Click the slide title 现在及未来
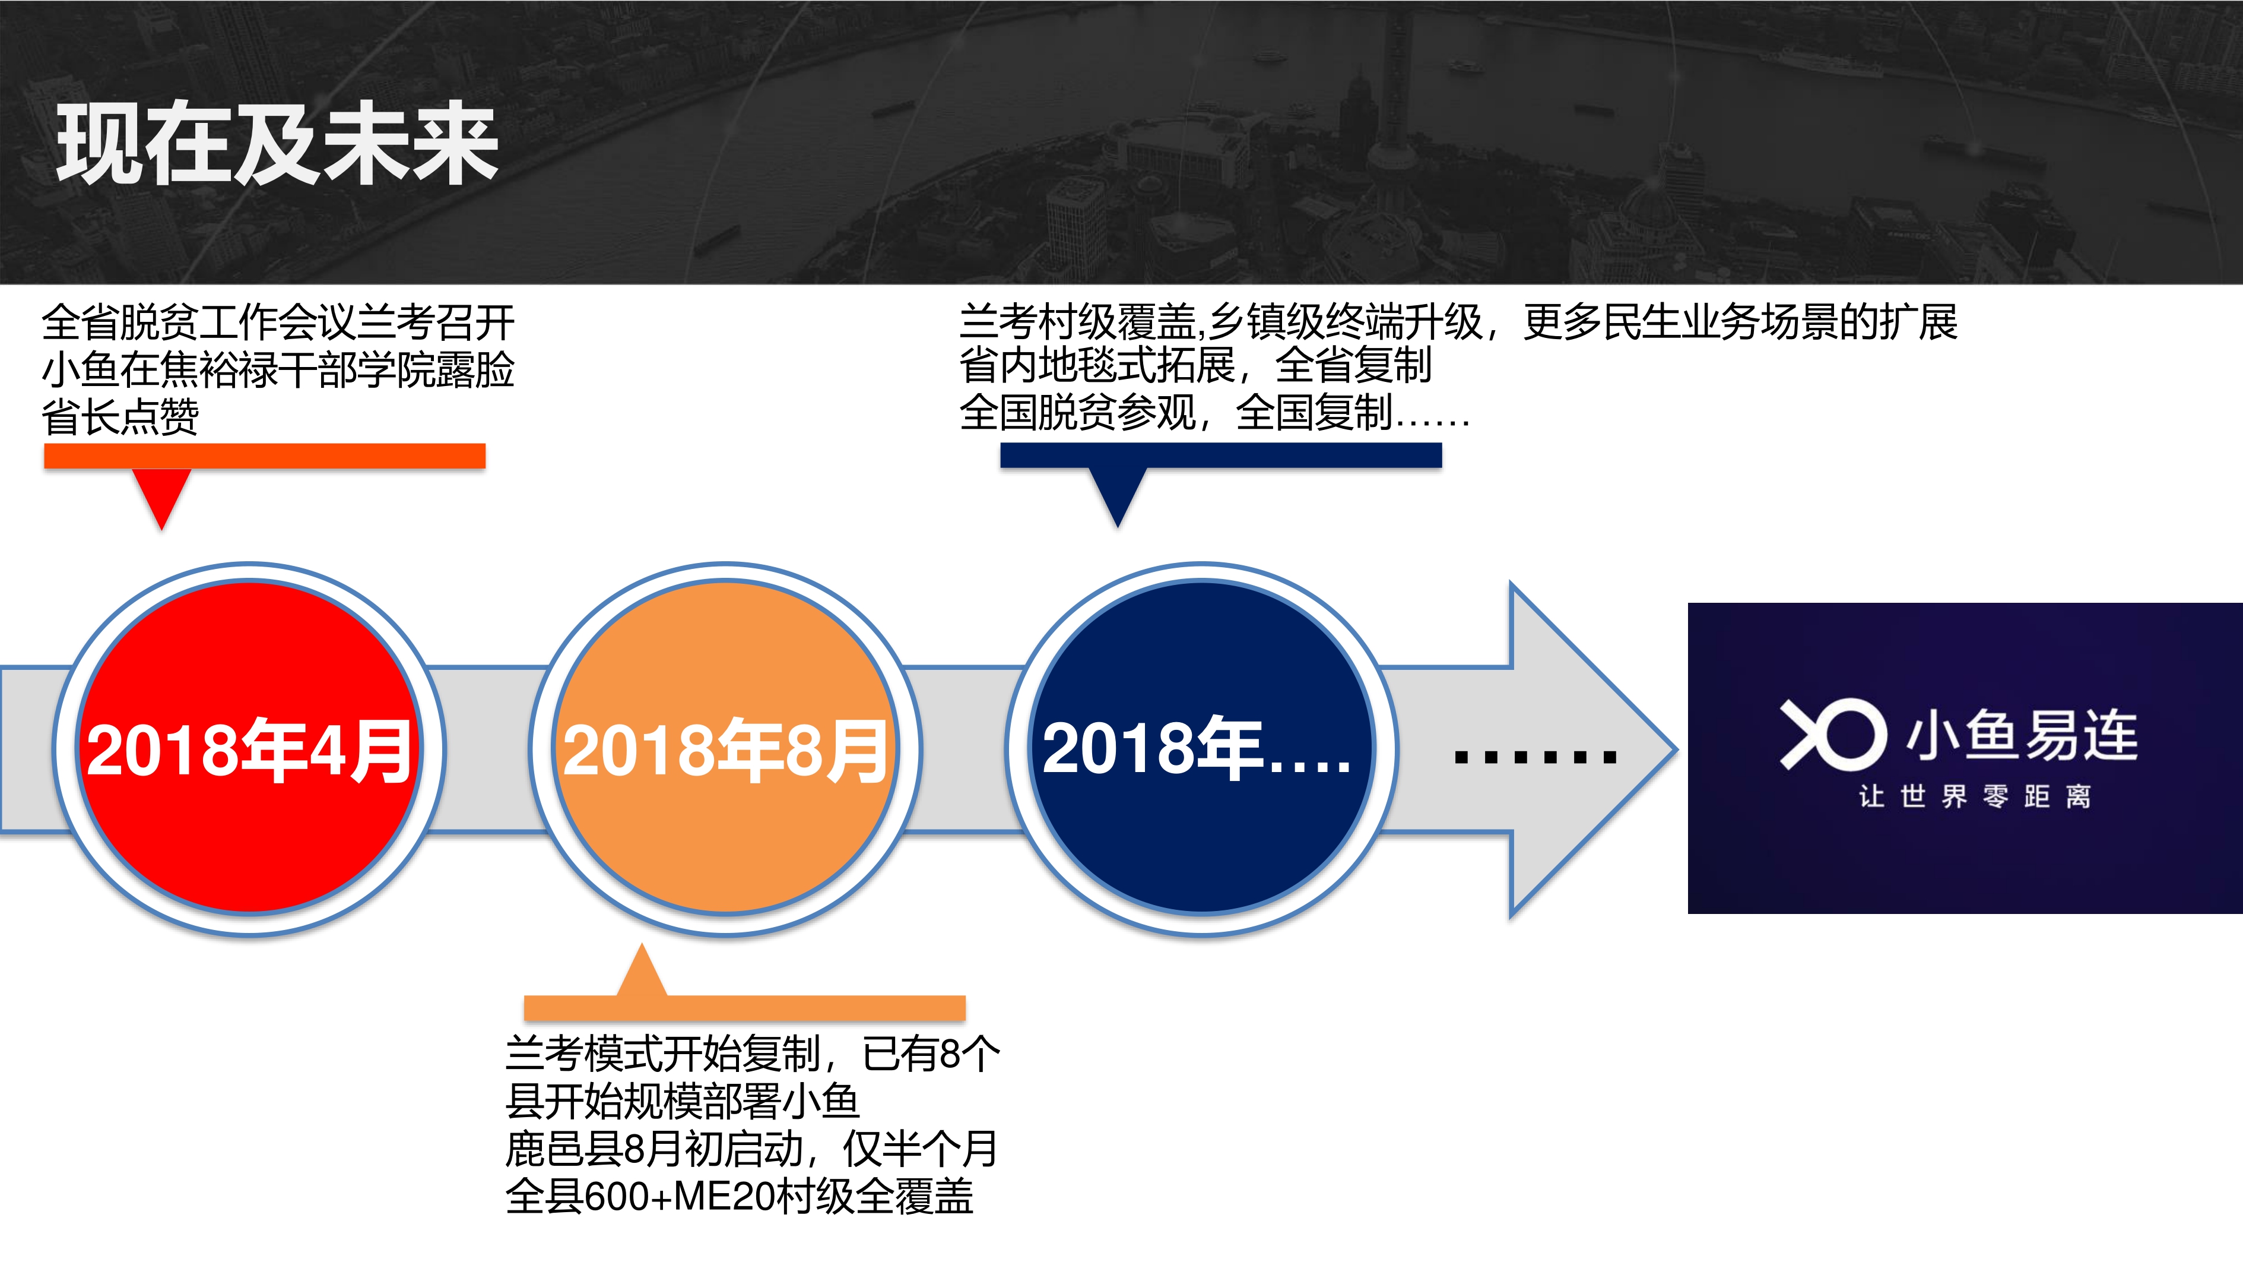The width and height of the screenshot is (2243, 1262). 277,143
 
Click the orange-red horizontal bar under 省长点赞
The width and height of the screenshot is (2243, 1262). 265,456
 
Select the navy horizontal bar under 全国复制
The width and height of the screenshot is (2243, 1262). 1221,455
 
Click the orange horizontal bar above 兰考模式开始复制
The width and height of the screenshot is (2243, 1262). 744,1008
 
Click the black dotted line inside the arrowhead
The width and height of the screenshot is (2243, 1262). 1535,757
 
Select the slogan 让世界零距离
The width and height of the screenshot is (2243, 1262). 1975,796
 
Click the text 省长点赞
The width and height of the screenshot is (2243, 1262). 120,416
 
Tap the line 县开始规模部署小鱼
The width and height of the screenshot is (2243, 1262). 683,1101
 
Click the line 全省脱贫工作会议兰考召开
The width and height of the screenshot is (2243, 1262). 278,322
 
